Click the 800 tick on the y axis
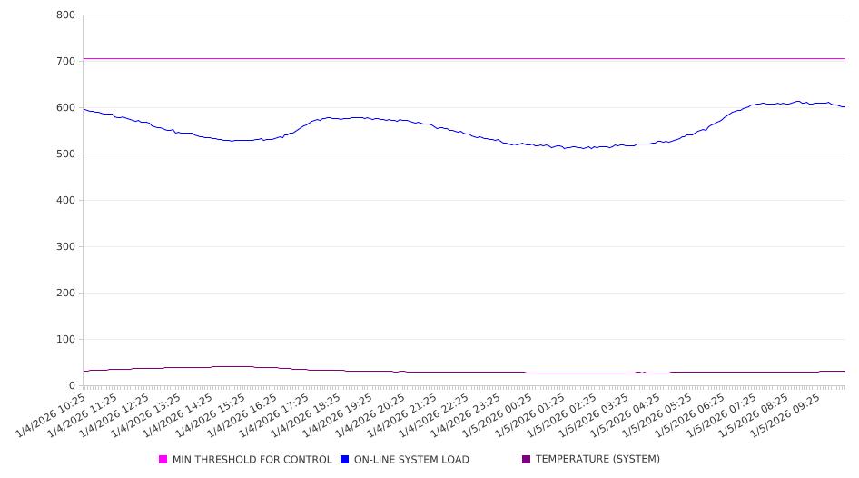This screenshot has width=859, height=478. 65,15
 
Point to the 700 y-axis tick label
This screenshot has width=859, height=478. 65,62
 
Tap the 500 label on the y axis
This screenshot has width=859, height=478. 65,154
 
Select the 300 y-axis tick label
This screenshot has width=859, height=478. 65,247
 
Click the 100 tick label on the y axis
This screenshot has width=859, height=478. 65,340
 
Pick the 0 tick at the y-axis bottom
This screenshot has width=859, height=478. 72,386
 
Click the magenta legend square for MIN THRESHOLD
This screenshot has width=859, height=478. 163,460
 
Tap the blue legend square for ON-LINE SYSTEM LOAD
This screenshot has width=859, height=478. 345,460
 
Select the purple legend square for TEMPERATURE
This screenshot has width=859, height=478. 527,460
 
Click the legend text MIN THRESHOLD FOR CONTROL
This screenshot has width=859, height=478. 252,460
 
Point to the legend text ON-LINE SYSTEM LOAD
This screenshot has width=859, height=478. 411,460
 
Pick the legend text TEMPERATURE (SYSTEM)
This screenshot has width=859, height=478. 597,460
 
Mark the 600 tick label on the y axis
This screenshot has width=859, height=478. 65,108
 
